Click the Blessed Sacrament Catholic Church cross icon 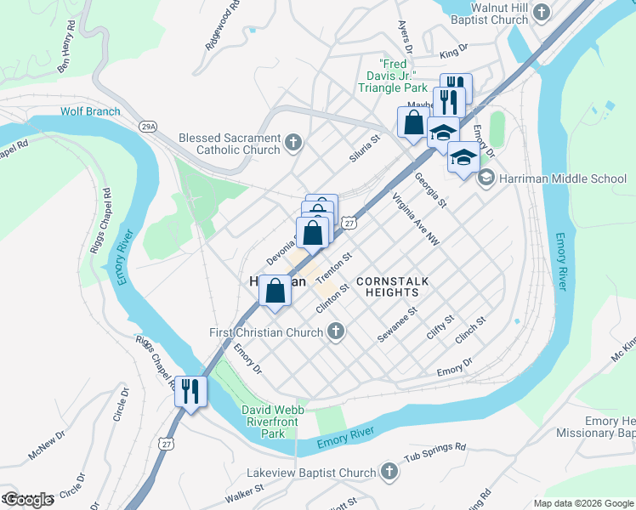[x=294, y=142]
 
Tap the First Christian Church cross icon [x=337, y=332]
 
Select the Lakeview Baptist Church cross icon [x=389, y=472]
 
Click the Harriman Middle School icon [x=486, y=178]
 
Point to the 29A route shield [x=149, y=126]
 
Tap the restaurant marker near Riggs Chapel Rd [x=190, y=392]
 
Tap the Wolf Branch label [x=90, y=111]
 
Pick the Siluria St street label [x=364, y=149]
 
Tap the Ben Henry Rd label [x=66, y=53]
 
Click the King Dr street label [x=454, y=54]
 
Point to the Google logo [x=27, y=500]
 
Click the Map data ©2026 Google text [x=582, y=503]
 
